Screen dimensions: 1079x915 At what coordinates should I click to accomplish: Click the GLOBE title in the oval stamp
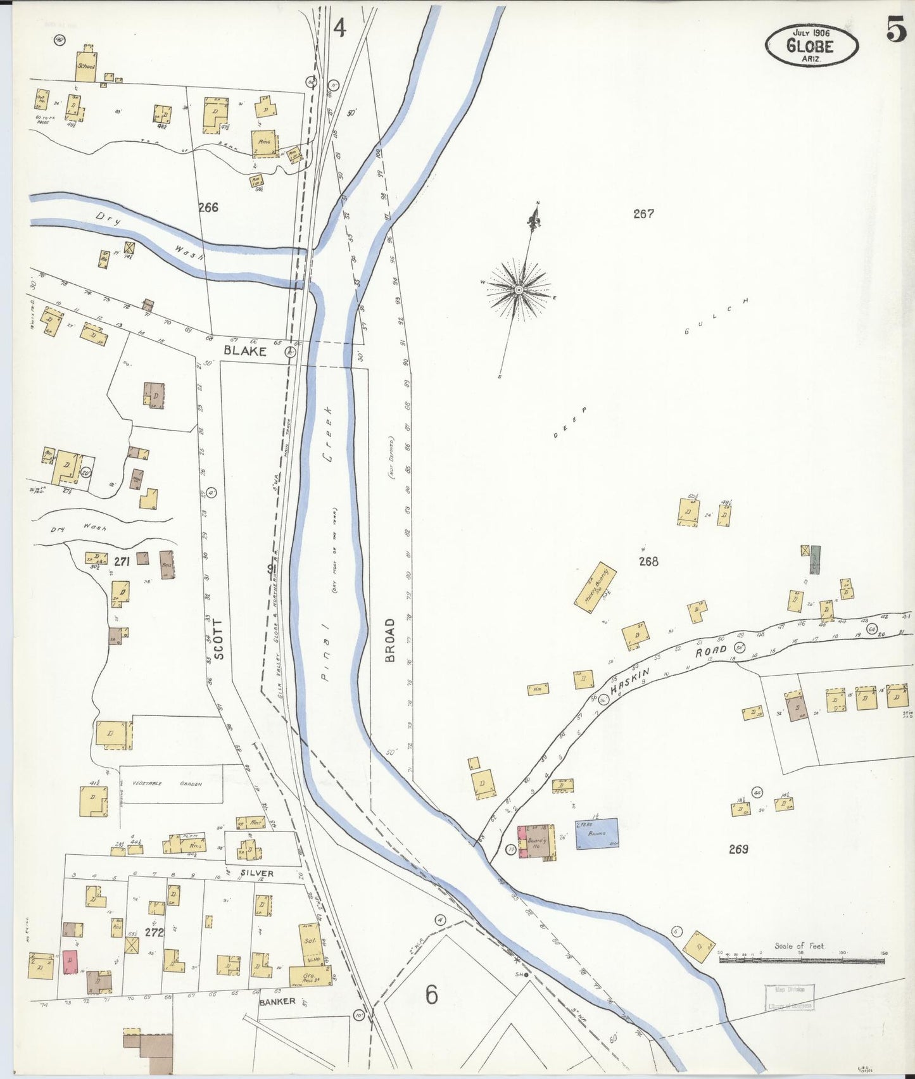click(x=810, y=46)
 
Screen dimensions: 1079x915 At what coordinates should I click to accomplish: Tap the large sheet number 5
click(x=896, y=29)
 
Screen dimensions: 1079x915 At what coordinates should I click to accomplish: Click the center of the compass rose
click(x=518, y=290)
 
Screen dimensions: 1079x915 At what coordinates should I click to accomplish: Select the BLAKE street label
click(x=244, y=351)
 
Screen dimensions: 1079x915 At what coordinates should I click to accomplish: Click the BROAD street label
click(x=389, y=640)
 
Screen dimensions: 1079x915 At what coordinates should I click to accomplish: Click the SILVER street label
click(x=256, y=873)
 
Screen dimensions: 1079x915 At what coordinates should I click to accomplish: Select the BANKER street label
click(x=277, y=1001)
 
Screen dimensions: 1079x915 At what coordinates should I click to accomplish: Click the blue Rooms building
click(x=596, y=833)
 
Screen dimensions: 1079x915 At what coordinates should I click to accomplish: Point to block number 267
click(x=643, y=214)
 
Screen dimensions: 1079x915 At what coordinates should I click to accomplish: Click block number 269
click(x=738, y=849)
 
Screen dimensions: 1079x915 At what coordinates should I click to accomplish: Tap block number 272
click(x=154, y=932)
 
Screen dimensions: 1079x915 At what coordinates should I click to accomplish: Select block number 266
click(x=208, y=207)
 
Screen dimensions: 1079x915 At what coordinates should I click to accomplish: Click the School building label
click(x=85, y=66)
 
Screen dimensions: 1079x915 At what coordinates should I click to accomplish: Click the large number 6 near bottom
click(x=431, y=995)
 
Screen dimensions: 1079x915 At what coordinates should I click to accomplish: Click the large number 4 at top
click(x=340, y=28)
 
